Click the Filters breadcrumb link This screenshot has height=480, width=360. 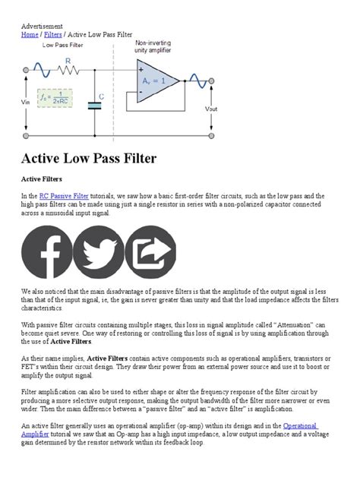pyautogui.click(x=53, y=35)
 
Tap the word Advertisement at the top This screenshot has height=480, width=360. pyautogui.click(x=42, y=26)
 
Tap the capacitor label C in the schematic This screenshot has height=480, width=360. pyautogui.click(x=102, y=96)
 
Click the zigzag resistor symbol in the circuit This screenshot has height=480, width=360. pyautogui.click(x=68, y=71)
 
